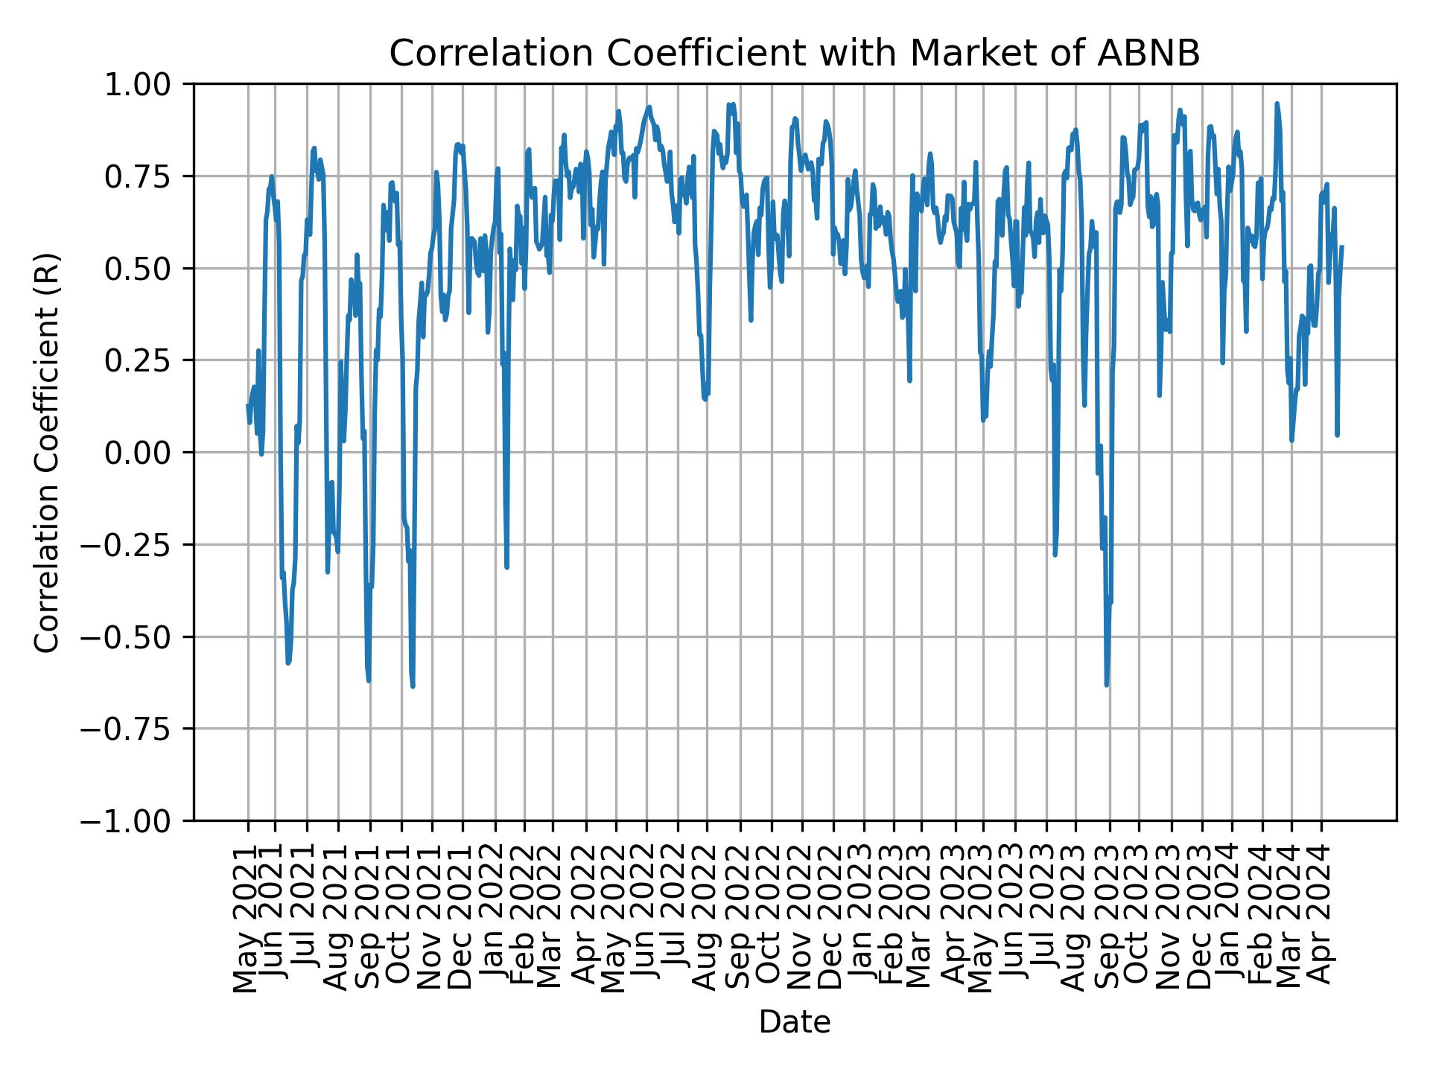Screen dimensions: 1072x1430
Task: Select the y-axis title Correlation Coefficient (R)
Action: [47, 452]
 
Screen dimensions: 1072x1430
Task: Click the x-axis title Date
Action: [794, 1023]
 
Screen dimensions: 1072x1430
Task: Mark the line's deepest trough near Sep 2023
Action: [1106, 684]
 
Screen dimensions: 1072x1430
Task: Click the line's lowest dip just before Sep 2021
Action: [369, 680]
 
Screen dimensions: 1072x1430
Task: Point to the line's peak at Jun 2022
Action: [649, 107]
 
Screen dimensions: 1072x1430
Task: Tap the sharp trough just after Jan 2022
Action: [506, 567]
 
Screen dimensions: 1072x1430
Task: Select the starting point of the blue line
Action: [248, 405]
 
